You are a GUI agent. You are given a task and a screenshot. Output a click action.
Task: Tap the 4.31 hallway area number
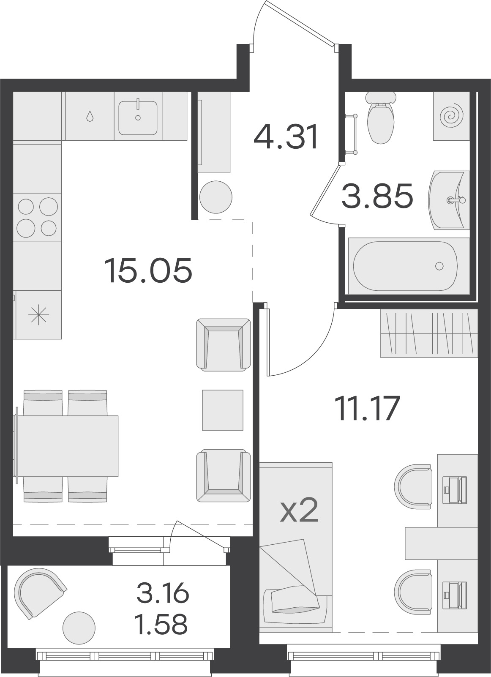(286, 136)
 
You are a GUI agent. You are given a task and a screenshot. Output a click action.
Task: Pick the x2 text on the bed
(299, 510)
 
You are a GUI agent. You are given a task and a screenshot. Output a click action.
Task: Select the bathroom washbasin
(449, 200)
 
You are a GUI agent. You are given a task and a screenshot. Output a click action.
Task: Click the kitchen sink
(138, 118)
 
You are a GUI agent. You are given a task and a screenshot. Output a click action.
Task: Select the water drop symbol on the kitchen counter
(90, 116)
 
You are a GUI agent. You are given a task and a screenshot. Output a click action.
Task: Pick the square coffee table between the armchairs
(223, 410)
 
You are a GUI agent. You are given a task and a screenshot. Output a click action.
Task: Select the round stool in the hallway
(216, 197)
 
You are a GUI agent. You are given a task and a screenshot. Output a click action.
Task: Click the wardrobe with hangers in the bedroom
(429, 333)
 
